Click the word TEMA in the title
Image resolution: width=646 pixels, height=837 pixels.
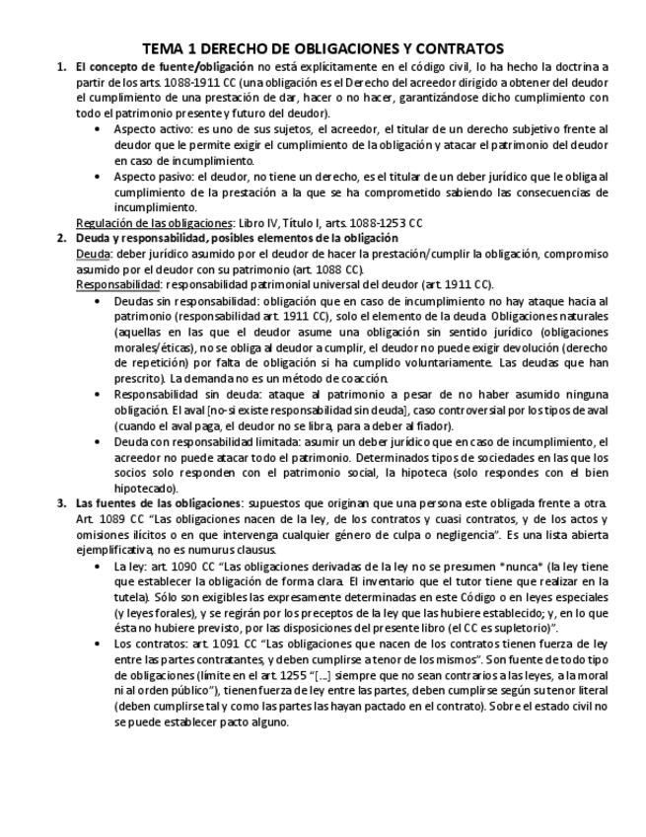(x=161, y=47)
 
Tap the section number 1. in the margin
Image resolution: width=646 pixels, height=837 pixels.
(x=61, y=67)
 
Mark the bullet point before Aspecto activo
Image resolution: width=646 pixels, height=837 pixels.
(x=97, y=129)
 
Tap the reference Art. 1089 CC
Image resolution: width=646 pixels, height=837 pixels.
(x=110, y=518)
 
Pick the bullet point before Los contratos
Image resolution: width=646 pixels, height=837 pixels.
(x=97, y=644)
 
